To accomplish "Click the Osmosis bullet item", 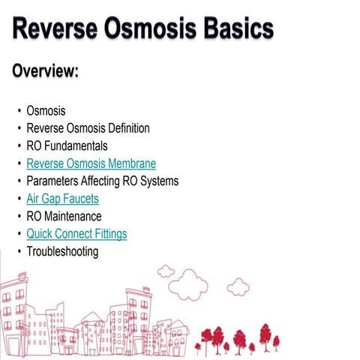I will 46,111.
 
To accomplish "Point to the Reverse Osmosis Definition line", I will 88,128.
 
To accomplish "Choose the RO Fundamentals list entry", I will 67,146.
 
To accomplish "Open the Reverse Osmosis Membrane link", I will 91,163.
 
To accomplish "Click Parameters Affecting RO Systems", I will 102,181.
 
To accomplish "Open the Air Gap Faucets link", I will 62,199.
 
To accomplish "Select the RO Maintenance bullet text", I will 64,216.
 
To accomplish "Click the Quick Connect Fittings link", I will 76,234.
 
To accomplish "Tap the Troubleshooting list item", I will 62,251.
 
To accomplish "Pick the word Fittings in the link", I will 108,234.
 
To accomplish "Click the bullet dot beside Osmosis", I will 19,112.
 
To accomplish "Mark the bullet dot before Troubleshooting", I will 19,252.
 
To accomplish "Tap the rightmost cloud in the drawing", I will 238,287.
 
